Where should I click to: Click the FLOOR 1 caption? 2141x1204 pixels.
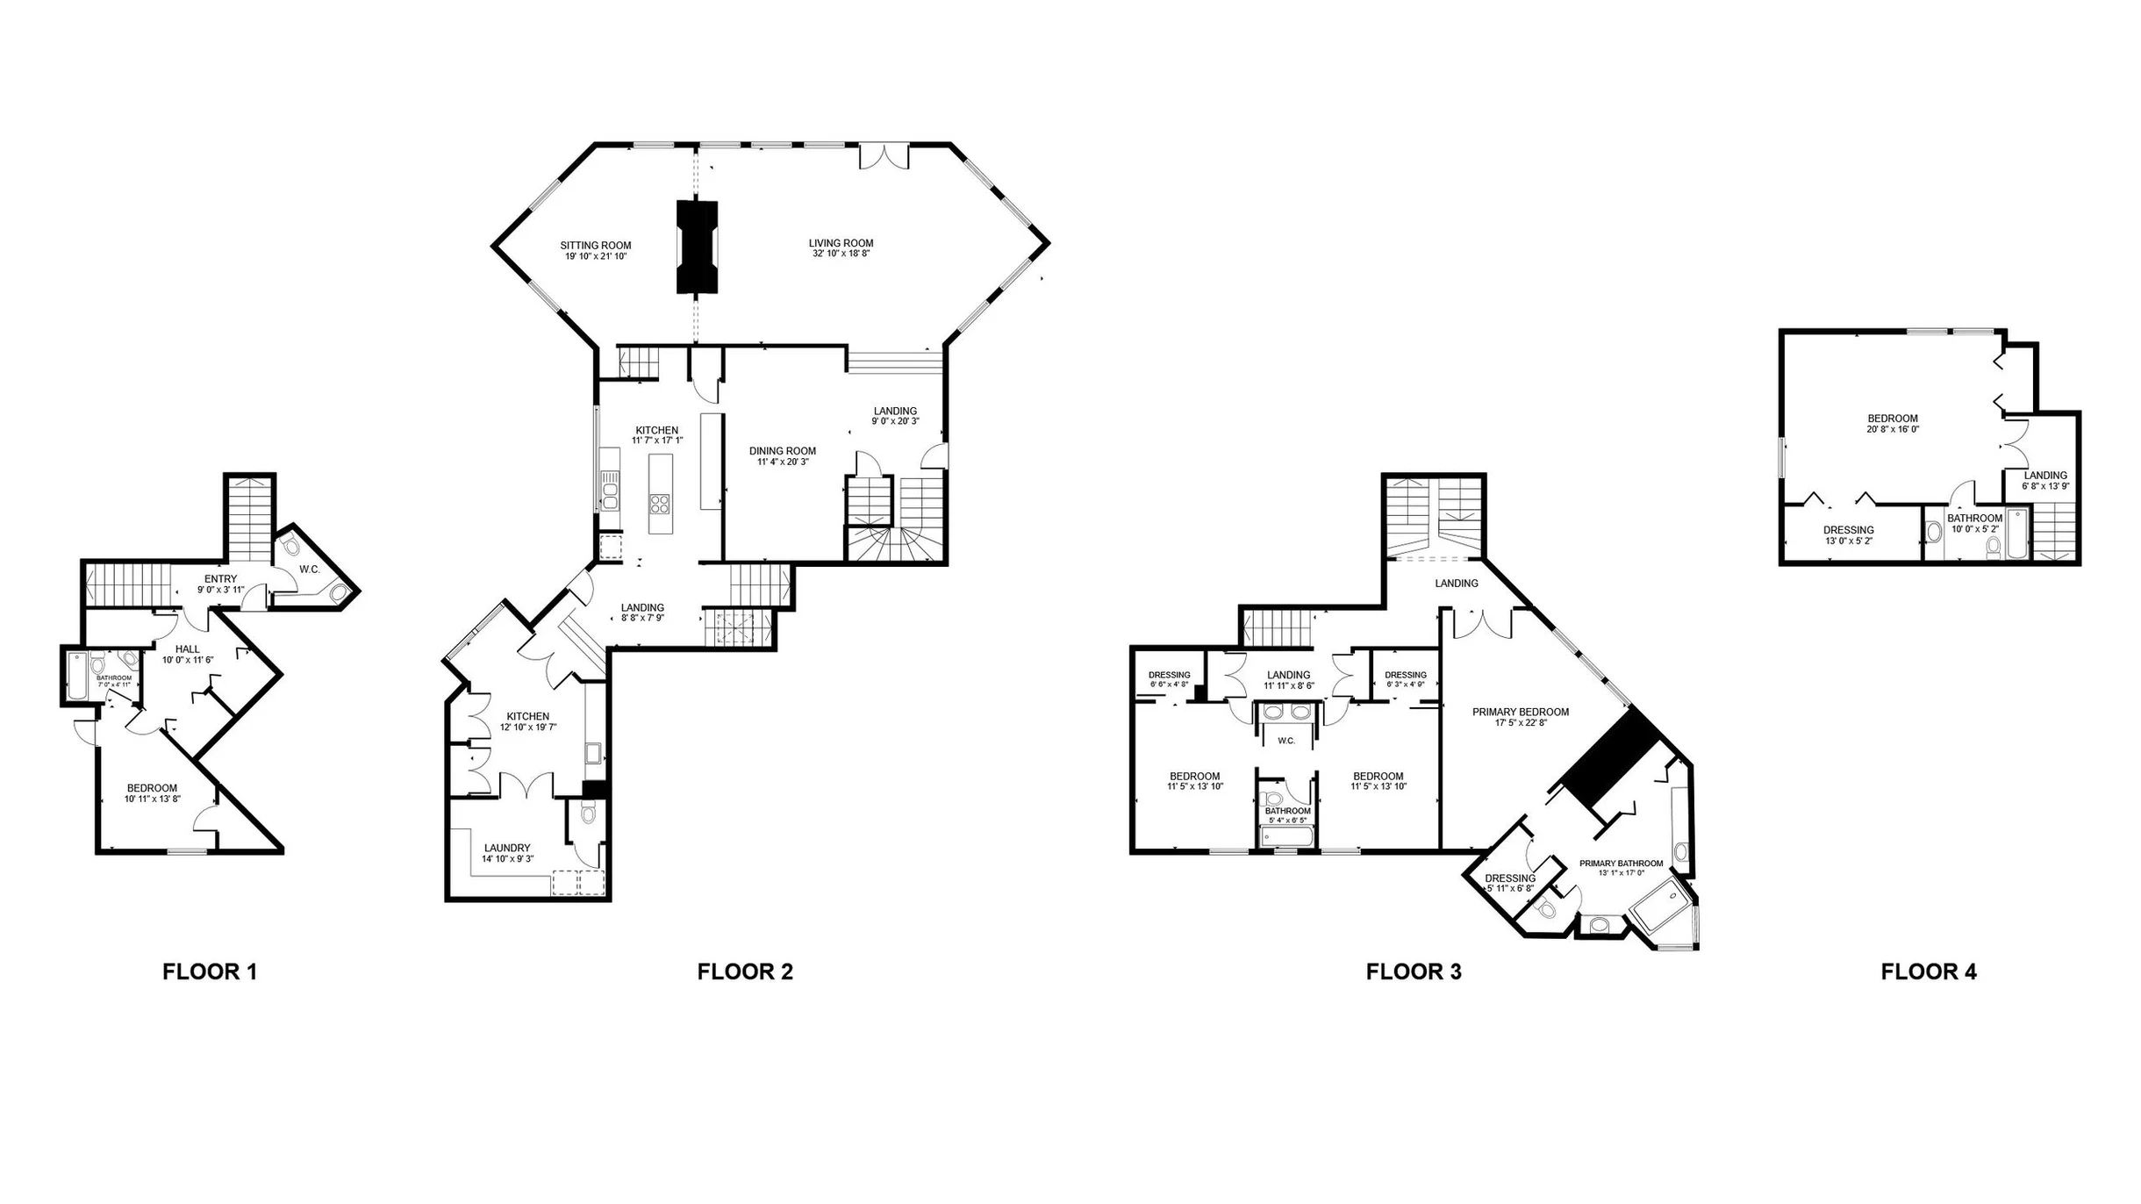tap(210, 971)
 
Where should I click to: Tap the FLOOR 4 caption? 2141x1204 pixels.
tap(1929, 971)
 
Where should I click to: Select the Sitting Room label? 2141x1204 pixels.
tap(596, 246)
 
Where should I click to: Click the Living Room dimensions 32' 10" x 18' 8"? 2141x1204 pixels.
tap(841, 254)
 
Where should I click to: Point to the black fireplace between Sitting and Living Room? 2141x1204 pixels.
tap(698, 247)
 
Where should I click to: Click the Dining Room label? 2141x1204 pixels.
tap(783, 451)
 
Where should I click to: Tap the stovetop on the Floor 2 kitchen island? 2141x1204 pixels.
tap(660, 504)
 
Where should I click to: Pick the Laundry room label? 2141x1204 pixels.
tap(507, 848)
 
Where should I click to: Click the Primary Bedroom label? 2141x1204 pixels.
tap(1521, 712)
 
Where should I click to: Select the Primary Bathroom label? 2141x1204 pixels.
tap(1622, 864)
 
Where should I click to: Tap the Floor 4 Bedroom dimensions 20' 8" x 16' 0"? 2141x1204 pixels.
tap(1893, 429)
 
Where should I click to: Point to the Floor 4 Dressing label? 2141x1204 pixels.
tap(1849, 530)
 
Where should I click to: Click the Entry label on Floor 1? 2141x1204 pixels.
tap(220, 579)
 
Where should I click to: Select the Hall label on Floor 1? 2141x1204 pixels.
tap(187, 649)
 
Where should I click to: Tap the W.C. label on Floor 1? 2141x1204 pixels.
tap(309, 570)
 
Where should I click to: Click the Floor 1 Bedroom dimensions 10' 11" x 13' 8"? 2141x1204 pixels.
tap(152, 799)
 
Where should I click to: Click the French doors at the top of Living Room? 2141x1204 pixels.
tap(884, 156)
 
